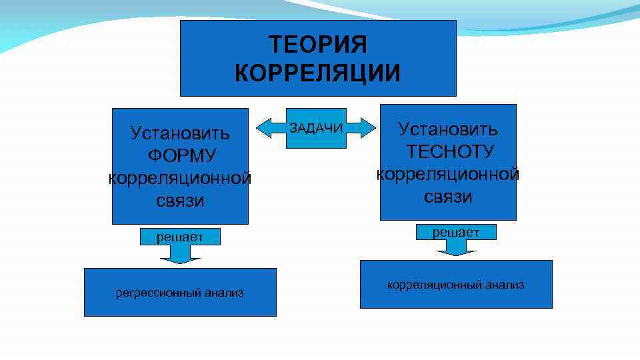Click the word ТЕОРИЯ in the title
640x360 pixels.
tap(318, 45)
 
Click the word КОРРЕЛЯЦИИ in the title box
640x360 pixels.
tap(318, 73)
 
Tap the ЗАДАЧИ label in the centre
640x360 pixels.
tap(316, 128)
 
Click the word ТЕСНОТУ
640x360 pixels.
tap(450, 151)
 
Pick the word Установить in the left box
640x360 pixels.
tap(180, 133)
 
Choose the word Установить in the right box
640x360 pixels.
tap(448, 129)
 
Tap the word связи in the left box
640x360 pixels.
tap(180, 201)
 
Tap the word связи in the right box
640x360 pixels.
tap(448, 197)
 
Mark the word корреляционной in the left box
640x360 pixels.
tap(180, 178)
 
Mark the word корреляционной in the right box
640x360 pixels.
tap(448, 174)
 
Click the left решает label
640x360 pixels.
tap(180, 236)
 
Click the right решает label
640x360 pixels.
tap(456, 231)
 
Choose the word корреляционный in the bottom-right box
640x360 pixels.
tap(431, 285)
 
